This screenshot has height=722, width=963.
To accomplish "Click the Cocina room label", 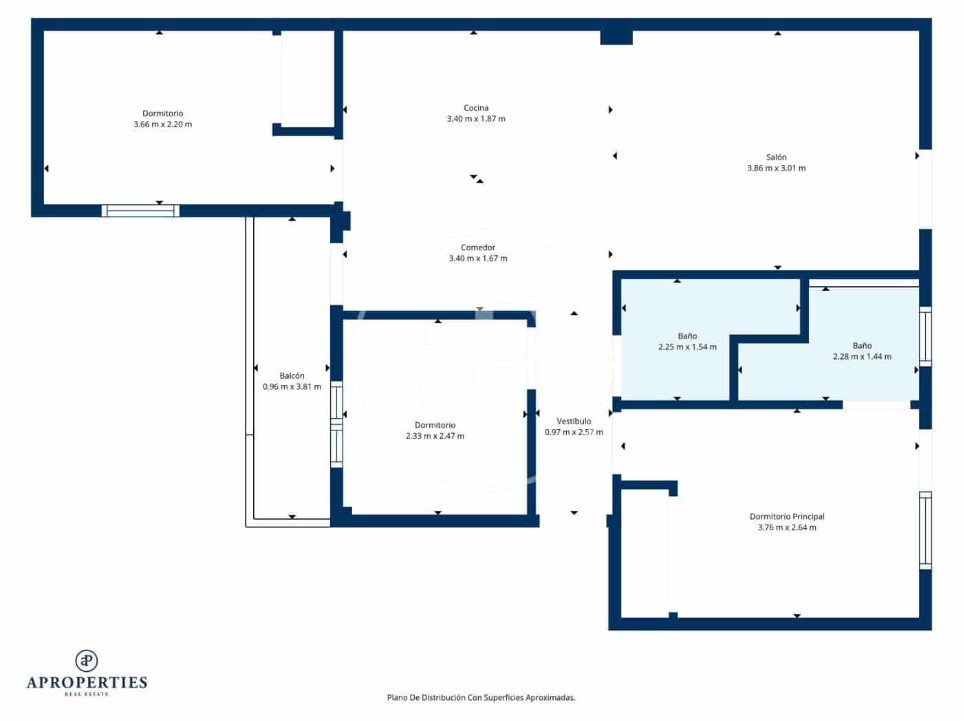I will click(476, 108).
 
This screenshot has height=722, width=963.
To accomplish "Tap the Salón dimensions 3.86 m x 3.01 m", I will click(776, 168).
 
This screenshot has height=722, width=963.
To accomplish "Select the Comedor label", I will click(477, 248).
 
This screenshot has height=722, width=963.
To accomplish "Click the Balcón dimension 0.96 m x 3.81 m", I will click(292, 387).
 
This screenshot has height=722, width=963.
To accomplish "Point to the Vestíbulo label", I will click(573, 422).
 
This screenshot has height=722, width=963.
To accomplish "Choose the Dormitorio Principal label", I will click(786, 516).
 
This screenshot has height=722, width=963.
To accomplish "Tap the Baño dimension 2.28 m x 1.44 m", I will click(861, 357).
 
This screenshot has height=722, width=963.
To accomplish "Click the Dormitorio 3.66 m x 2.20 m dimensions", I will click(162, 125).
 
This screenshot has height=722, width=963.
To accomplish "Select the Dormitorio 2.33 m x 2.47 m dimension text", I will click(435, 436).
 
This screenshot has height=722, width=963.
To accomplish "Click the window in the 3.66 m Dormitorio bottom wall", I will click(140, 211).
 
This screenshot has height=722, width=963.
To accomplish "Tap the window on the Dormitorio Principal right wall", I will click(925, 530).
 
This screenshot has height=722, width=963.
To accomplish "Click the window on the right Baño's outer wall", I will click(925, 336).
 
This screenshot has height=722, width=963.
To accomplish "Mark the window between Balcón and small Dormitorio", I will click(336, 424).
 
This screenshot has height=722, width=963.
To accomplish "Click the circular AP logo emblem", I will click(86, 661).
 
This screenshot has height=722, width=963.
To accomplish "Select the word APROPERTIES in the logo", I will click(87, 683).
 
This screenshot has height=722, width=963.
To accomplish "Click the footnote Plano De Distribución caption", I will click(481, 697).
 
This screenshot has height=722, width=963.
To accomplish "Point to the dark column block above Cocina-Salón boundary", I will click(616, 37).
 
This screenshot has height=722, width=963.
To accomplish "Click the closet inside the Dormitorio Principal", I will click(645, 554).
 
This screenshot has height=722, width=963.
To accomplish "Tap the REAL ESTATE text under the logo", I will click(87, 694).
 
